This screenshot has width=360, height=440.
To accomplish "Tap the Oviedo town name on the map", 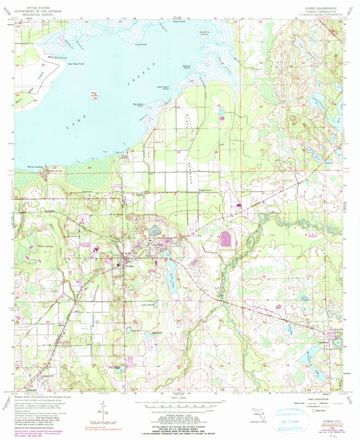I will click(x=130, y=266).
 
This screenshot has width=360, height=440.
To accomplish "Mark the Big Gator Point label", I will click(x=138, y=105).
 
